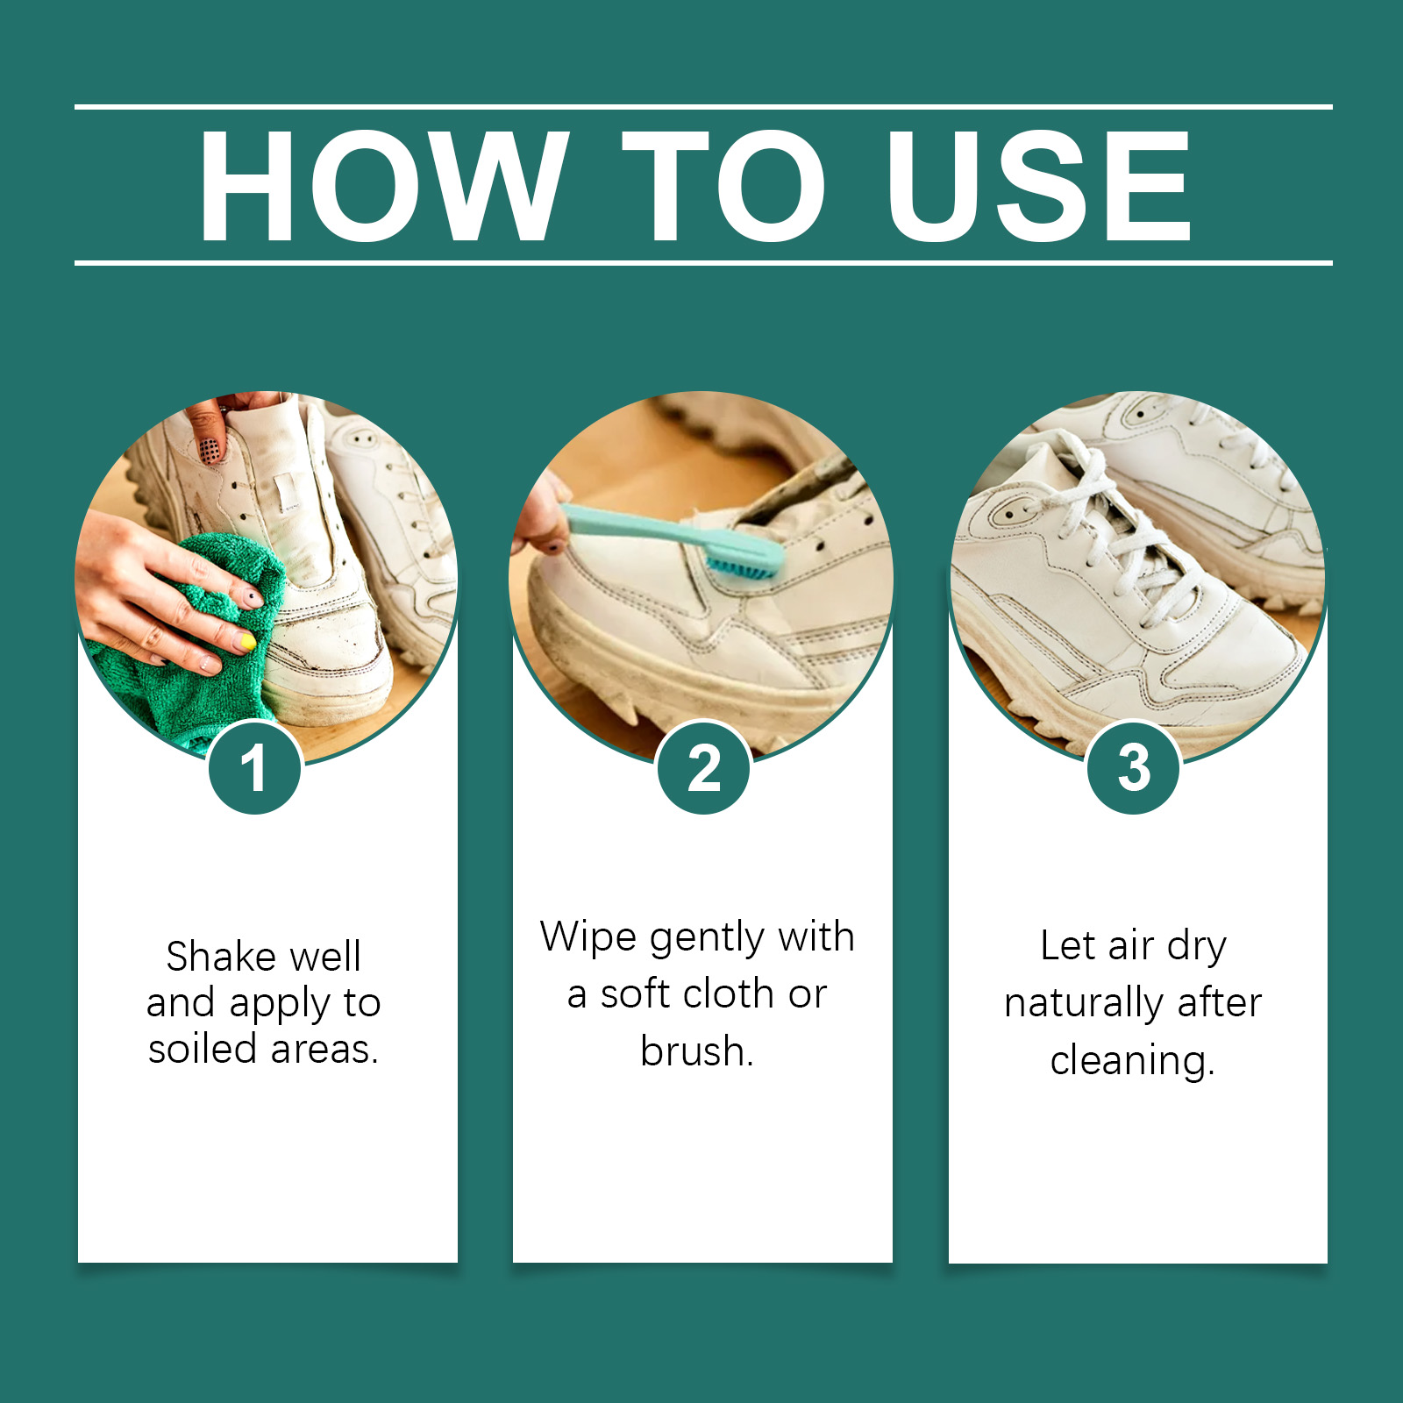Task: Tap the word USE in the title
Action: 1039,185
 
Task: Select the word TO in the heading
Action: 724,185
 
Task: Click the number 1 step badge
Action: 255,767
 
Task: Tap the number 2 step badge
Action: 704,767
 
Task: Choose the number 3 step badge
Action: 1134,767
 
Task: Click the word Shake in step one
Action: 220,956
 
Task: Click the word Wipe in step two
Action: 588,937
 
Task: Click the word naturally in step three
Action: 1084,1003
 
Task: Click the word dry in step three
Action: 1197,947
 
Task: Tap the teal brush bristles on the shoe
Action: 742,563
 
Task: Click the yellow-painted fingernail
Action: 248,643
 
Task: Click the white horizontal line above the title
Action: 703,107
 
